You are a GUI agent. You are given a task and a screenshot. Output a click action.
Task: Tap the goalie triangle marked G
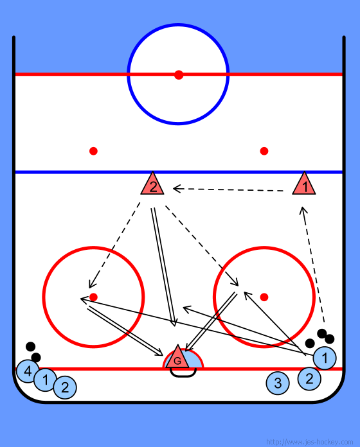point(177,358)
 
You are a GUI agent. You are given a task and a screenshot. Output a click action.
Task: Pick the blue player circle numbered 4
point(28,371)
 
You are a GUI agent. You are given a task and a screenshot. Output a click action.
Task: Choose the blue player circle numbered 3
point(278,383)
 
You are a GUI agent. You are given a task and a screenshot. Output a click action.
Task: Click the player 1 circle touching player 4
point(46,380)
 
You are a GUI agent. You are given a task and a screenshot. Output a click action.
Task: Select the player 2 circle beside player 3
point(309,378)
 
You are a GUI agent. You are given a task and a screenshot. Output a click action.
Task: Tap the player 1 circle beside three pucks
point(325,358)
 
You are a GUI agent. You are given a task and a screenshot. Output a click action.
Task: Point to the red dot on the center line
point(179,74)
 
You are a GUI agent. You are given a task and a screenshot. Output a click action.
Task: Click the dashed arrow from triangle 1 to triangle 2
point(228,189)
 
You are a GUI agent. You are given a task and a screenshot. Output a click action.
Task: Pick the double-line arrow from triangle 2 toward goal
point(163,267)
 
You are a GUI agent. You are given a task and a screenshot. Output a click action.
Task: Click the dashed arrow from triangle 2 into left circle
point(114,245)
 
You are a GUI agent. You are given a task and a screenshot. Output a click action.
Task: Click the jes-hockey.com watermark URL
point(309,442)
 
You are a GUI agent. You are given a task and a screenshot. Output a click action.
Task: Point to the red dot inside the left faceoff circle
point(93,297)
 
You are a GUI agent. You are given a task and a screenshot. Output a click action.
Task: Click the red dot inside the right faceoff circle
point(264,297)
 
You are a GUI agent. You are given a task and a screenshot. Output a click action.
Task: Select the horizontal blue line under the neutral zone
point(179,172)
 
